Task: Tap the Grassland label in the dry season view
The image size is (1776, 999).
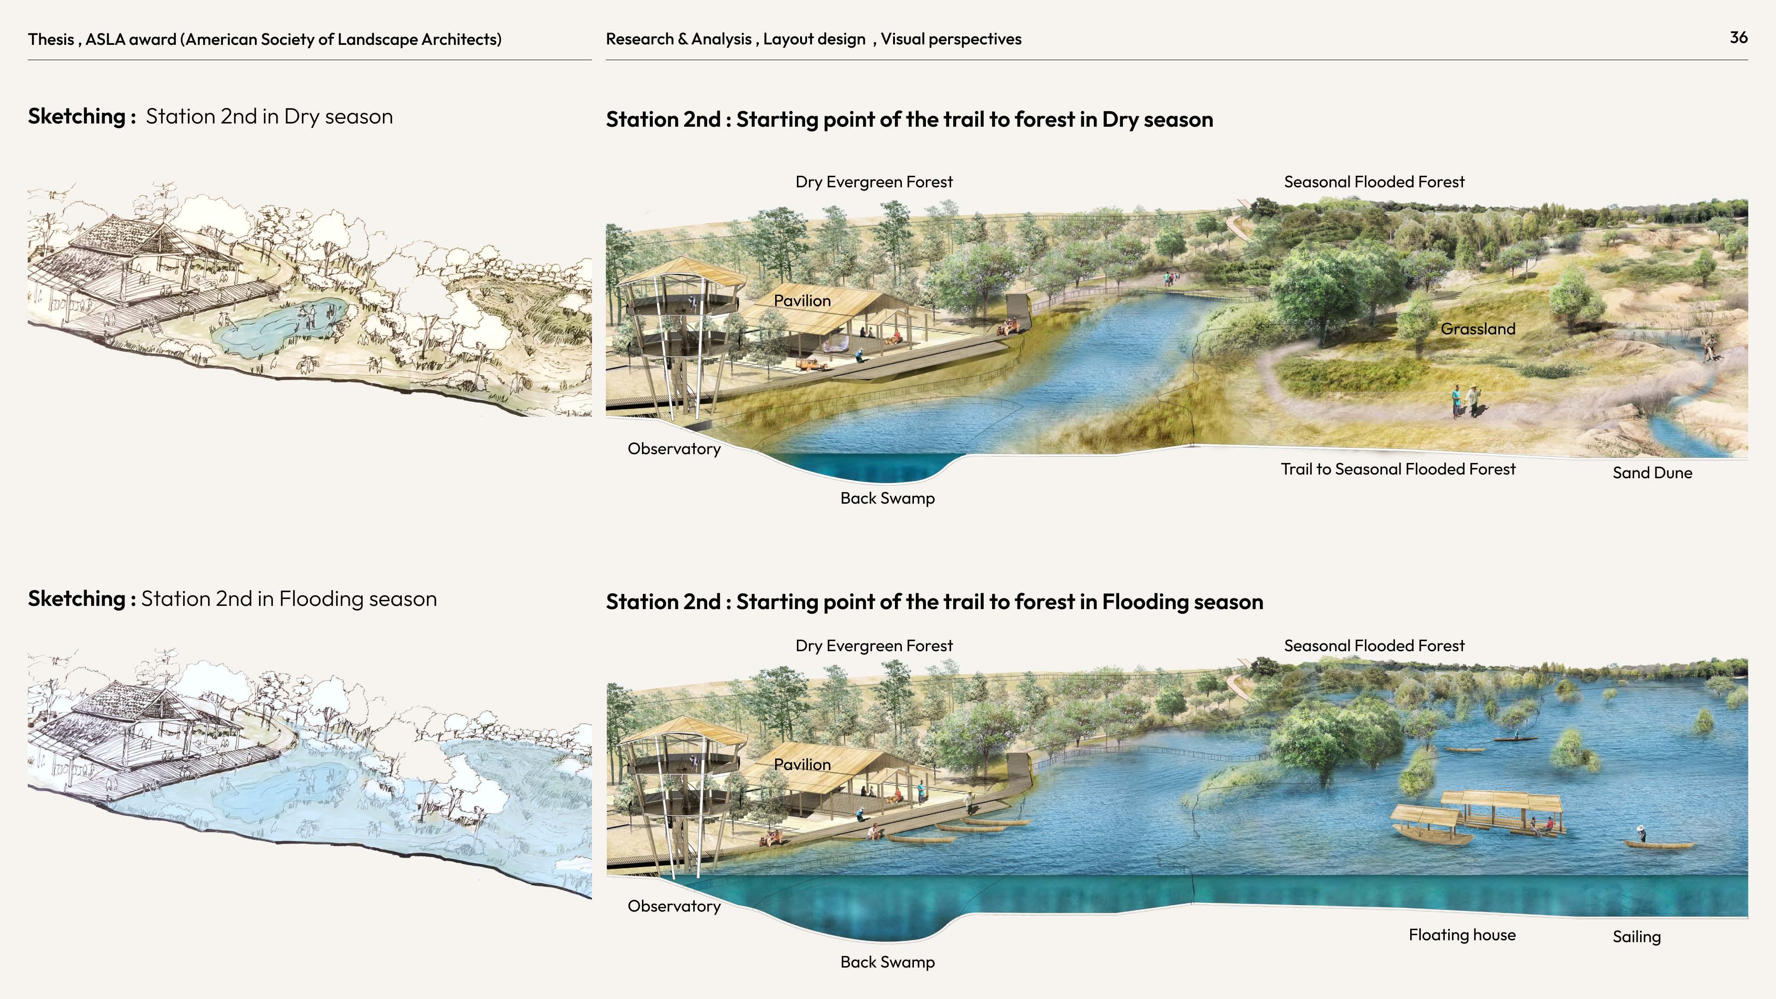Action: pyautogui.click(x=1478, y=329)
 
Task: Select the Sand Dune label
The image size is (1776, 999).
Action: pyautogui.click(x=1652, y=473)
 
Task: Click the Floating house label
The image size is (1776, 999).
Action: pyautogui.click(x=1461, y=935)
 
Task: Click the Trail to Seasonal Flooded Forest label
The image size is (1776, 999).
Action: pyautogui.click(x=1398, y=469)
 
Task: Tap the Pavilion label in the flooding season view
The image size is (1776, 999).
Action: pyautogui.click(x=802, y=765)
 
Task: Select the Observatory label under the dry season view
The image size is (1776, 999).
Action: pyautogui.click(x=673, y=449)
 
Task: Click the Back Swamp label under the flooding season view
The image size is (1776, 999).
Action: pyautogui.click(x=888, y=962)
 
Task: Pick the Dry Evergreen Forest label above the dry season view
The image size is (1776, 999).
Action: pyautogui.click(x=874, y=182)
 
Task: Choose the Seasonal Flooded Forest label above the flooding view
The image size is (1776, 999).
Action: pyautogui.click(x=1373, y=646)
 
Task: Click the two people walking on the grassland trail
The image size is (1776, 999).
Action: pyautogui.click(x=1466, y=401)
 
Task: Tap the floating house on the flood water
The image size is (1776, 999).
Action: pyautogui.click(x=1503, y=814)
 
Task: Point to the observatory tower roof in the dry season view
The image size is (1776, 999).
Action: pyautogui.click(x=683, y=273)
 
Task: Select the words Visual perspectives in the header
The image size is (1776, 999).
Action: pyautogui.click(x=951, y=39)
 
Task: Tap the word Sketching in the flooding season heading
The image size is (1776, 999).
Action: pyautogui.click(x=76, y=598)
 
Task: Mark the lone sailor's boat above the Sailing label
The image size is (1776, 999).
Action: pyautogui.click(x=1658, y=844)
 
